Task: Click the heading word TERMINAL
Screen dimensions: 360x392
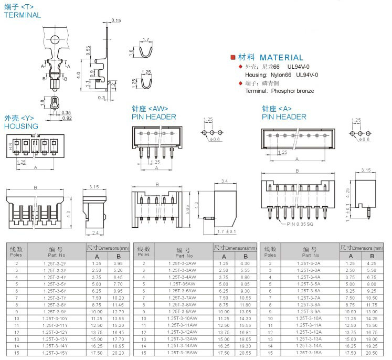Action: [23, 15]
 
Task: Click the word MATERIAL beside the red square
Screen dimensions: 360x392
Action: [281, 58]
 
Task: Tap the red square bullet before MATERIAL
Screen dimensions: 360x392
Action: [233, 57]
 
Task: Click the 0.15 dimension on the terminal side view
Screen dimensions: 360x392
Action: [116, 20]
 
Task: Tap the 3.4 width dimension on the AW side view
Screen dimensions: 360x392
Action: [224, 181]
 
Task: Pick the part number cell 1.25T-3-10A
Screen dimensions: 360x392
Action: [309, 318]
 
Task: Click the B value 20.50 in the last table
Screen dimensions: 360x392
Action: [372, 352]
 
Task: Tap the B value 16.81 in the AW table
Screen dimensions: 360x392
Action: [245, 332]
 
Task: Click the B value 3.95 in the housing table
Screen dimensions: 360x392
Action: [118, 263]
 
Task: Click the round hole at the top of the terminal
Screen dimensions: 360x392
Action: [55, 39]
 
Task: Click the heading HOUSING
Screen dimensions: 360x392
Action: [21, 126]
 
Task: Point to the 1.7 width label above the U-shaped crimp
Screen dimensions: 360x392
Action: [146, 40]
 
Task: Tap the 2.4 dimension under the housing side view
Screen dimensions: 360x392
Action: [96, 232]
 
